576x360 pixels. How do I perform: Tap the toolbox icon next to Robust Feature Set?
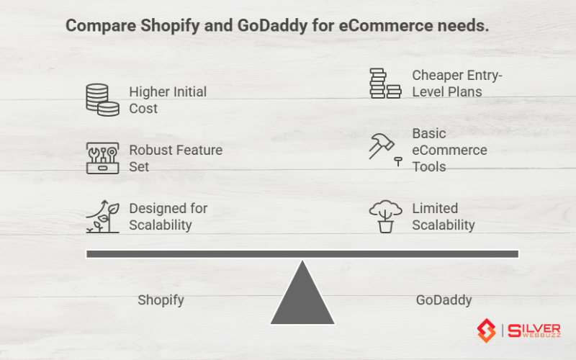pyautogui.click(x=102, y=158)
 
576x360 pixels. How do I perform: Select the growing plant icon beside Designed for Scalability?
pyautogui.click(x=102, y=216)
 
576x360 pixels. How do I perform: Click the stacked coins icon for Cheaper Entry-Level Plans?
pyautogui.click(x=384, y=84)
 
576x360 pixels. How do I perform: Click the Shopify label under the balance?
pyautogui.click(x=161, y=300)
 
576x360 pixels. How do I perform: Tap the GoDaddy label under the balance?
pyautogui.click(x=444, y=300)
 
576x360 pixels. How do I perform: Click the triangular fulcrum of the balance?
pyautogui.click(x=302, y=299)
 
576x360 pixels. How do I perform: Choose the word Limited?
pyautogui.click(x=435, y=208)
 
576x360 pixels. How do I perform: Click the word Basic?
pyautogui.click(x=429, y=133)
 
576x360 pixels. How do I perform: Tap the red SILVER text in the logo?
pyautogui.click(x=534, y=328)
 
